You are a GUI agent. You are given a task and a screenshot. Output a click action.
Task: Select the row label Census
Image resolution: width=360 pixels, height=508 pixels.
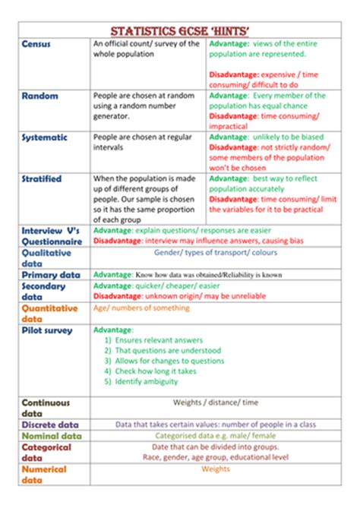[36, 45]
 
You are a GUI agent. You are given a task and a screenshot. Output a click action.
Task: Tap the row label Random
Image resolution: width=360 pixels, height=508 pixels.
[39, 96]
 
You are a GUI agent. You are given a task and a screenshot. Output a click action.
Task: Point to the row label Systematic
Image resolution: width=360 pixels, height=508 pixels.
[45, 137]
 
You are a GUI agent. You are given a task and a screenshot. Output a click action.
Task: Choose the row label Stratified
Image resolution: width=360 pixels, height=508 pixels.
[43, 179]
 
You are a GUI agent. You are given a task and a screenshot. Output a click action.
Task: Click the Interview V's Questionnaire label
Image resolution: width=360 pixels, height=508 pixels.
[52, 235]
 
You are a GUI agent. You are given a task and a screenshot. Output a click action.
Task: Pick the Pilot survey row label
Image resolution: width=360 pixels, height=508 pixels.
[47, 330]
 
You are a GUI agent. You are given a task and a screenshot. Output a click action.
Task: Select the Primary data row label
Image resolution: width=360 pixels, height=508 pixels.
[51, 274]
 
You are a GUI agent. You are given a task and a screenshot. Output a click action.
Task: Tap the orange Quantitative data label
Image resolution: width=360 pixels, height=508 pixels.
[50, 314]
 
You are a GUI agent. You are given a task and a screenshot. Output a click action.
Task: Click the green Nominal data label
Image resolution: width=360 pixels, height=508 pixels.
[51, 437]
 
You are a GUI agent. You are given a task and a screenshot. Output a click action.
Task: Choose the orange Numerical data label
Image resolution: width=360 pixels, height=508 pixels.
[44, 475]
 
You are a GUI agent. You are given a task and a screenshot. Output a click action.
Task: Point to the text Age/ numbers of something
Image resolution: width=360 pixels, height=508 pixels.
[141, 308]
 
